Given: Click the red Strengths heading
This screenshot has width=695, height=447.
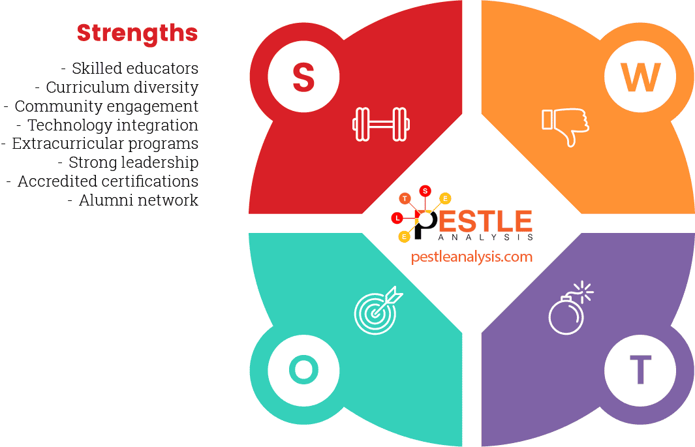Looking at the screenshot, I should point(137,33).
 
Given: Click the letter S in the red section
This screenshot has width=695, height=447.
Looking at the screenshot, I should point(303,77).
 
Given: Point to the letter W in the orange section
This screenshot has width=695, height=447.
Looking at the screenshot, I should point(640,77).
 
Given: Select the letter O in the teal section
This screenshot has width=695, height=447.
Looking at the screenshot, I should point(303,370).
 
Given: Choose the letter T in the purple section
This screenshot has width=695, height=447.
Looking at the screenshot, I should point(640,370).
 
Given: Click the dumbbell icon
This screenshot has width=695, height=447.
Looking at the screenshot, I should point(381,124).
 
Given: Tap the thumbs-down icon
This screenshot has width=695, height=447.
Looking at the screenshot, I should point(565,125).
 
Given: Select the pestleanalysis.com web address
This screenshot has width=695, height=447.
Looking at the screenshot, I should point(471,257).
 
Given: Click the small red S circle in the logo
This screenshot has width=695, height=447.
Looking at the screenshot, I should point(425,191).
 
